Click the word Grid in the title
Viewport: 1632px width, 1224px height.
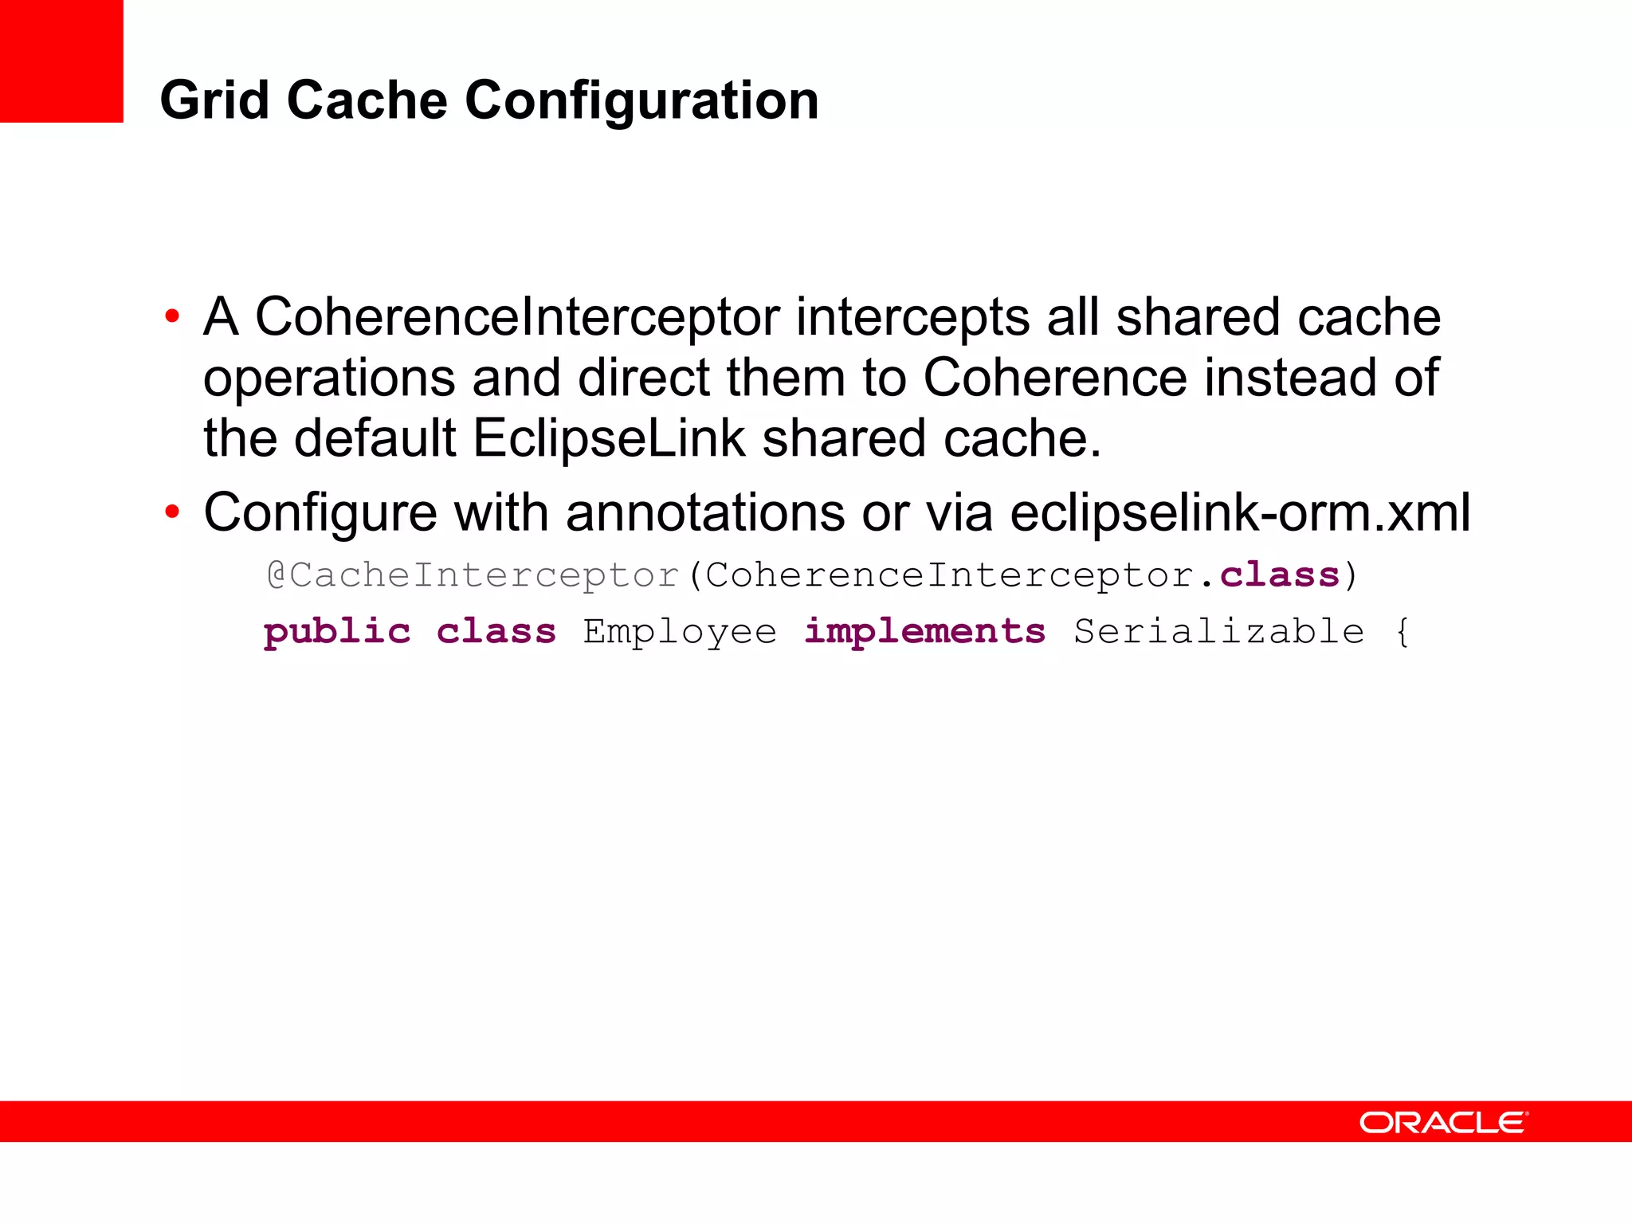coord(214,100)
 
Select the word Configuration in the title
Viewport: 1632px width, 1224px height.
coord(641,102)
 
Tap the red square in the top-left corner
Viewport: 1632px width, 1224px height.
coord(61,61)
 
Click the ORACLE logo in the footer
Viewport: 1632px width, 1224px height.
coord(1443,1122)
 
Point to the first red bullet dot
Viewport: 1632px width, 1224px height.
coord(172,317)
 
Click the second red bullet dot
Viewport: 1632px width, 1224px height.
coord(172,512)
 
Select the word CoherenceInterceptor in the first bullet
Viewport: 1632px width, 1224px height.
coord(517,317)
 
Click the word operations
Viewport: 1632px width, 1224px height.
coord(329,378)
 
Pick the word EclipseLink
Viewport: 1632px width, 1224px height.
coord(609,438)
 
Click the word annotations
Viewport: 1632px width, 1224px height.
coord(705,512)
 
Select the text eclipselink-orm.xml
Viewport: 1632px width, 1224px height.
coord(1240,512)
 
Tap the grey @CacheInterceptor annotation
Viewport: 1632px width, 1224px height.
coord(473,575)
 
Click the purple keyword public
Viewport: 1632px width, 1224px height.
coord(337,632)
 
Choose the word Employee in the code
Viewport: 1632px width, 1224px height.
coord(680,632)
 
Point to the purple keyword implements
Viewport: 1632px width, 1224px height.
coord(924,632)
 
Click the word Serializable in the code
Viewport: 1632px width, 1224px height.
coord(1218,632)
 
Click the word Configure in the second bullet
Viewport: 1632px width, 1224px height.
coord(320,512)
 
